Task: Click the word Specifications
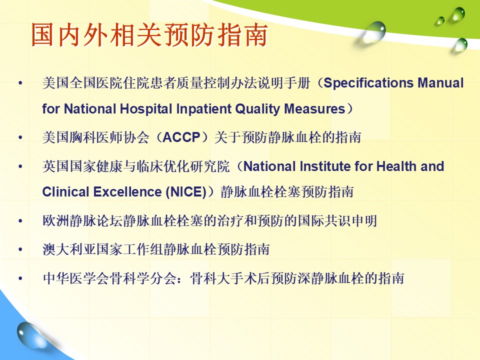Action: (369, 83)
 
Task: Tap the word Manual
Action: (441, 83)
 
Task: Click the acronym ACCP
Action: (181, 137)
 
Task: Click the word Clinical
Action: (65, 192)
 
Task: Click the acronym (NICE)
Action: (186, 192)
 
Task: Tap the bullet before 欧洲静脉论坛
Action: (20, 220)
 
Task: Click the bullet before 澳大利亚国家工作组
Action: (20, 249)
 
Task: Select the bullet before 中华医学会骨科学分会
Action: (20, 278)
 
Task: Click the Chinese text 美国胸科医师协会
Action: (96, 137)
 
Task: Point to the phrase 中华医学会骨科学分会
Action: (109, 278)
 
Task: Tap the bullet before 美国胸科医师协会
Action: (20, 137)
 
